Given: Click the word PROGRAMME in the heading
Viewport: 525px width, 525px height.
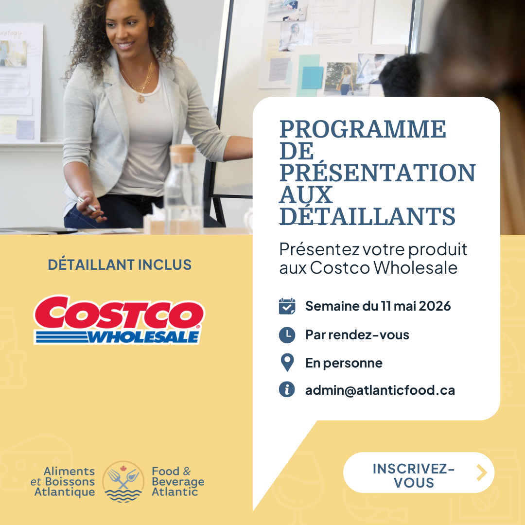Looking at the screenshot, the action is (363, 129).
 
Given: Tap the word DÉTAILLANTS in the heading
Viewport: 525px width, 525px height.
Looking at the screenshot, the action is (367, 216).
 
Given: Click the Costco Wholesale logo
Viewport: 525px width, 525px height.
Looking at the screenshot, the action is (119, 320).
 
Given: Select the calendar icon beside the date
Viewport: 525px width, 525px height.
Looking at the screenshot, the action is (287, 306).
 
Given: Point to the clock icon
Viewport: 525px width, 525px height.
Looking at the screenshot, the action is (287, 335).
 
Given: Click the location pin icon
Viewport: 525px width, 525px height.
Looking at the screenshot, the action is (287, 363).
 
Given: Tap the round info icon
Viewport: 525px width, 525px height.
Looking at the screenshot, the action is (287, 389).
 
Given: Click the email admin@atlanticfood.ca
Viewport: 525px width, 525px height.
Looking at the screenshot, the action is (380, 390).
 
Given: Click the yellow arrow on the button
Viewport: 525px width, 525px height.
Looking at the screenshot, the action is (481, 472).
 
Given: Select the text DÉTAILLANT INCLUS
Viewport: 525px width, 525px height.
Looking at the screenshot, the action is (120, 264).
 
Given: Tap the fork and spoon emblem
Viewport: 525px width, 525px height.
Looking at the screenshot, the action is (123, 482).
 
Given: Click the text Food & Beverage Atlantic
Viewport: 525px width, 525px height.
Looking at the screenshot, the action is (178, 481).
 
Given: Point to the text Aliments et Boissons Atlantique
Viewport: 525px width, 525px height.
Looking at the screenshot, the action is (63, 481).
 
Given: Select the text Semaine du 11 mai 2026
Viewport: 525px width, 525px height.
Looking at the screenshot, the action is (378, 306).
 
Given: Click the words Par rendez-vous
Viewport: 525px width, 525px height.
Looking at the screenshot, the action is (357, 335).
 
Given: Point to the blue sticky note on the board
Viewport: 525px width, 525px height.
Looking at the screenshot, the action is (312, 77).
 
